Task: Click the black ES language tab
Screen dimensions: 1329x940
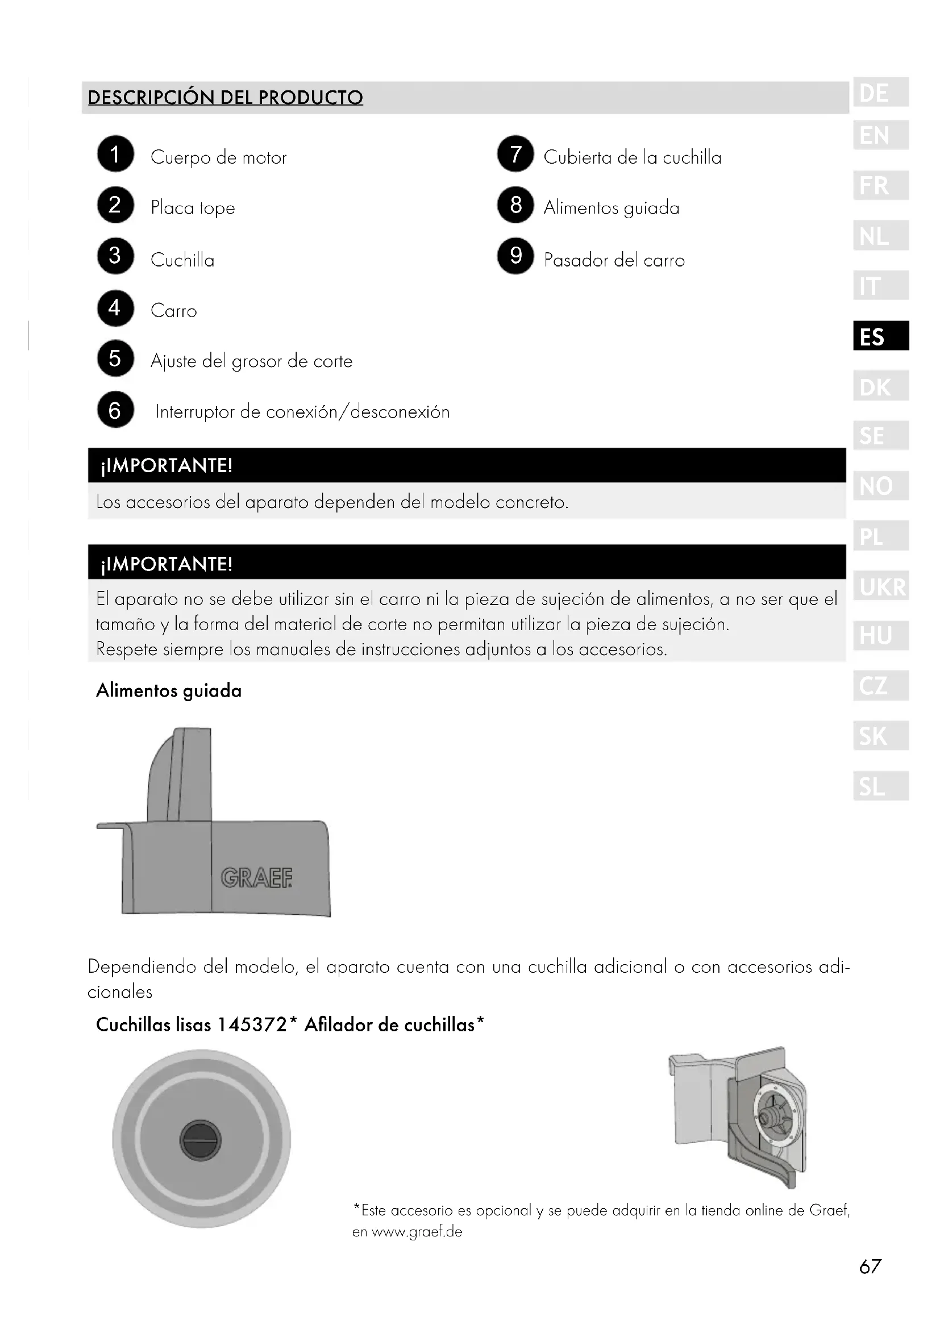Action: click(880, 336)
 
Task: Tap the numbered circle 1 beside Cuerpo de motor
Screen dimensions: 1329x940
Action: click(115, 154)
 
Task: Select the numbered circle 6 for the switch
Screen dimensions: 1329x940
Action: click(115, 410)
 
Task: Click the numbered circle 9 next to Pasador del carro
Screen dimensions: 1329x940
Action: click(515, 256)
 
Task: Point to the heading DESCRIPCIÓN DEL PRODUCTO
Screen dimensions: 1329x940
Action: click(225, 97)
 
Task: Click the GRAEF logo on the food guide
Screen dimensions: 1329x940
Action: click(256, 878)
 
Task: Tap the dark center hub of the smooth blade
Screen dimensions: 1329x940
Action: click(200, 1140)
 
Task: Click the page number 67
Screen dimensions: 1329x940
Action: click(870, 1266)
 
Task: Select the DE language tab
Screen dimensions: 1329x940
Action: click(880, 93)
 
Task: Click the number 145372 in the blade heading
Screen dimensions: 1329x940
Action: click(252, 1024)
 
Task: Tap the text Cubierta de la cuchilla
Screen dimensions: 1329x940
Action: click(632, 157)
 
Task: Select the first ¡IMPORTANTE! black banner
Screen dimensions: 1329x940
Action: click(466, 465)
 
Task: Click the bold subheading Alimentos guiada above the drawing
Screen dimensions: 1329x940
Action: click(168, 690)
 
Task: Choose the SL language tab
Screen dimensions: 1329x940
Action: click(880, 786)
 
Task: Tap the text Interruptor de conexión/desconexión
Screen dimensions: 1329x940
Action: click(302, 412)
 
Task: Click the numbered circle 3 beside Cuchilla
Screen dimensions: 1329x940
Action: click(115, 256)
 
